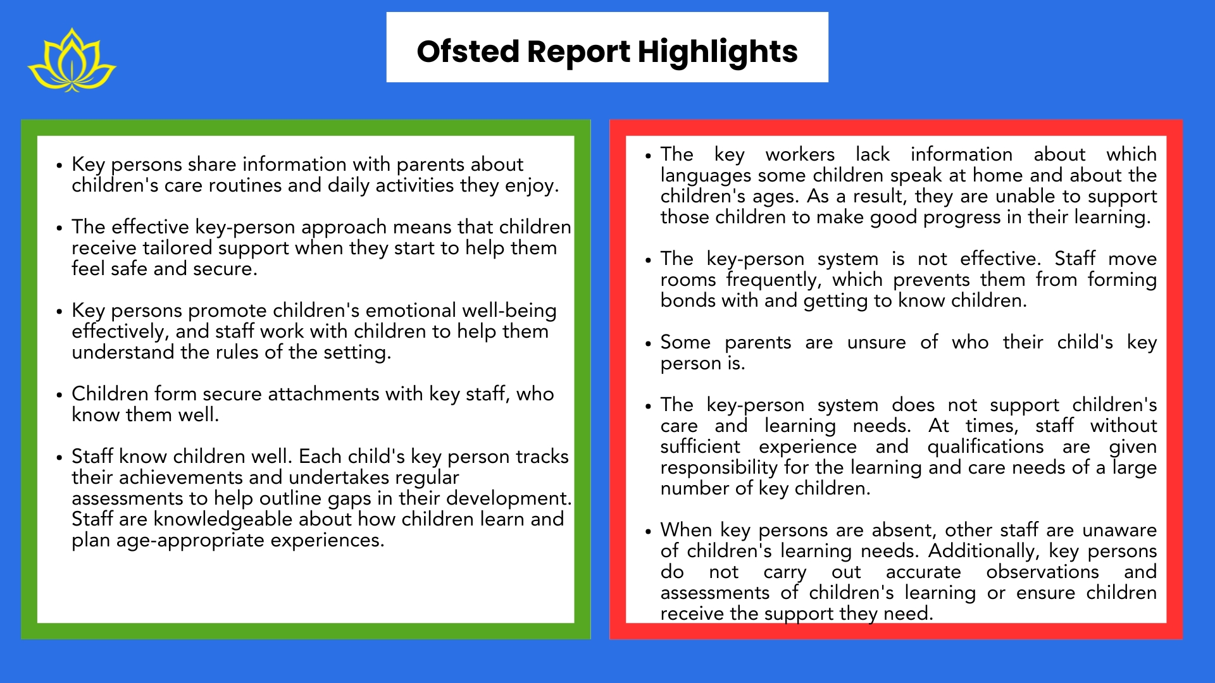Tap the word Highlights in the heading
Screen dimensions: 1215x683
click(718, 52)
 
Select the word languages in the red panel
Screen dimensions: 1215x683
click(706, 176)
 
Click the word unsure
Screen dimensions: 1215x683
click(876, 342)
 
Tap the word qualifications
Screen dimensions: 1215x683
click(985, 447)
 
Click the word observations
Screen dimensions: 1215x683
click(1042, 572)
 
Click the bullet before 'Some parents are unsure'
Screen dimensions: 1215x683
click(647, 343)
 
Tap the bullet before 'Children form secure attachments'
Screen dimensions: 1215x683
click(59, 395)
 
